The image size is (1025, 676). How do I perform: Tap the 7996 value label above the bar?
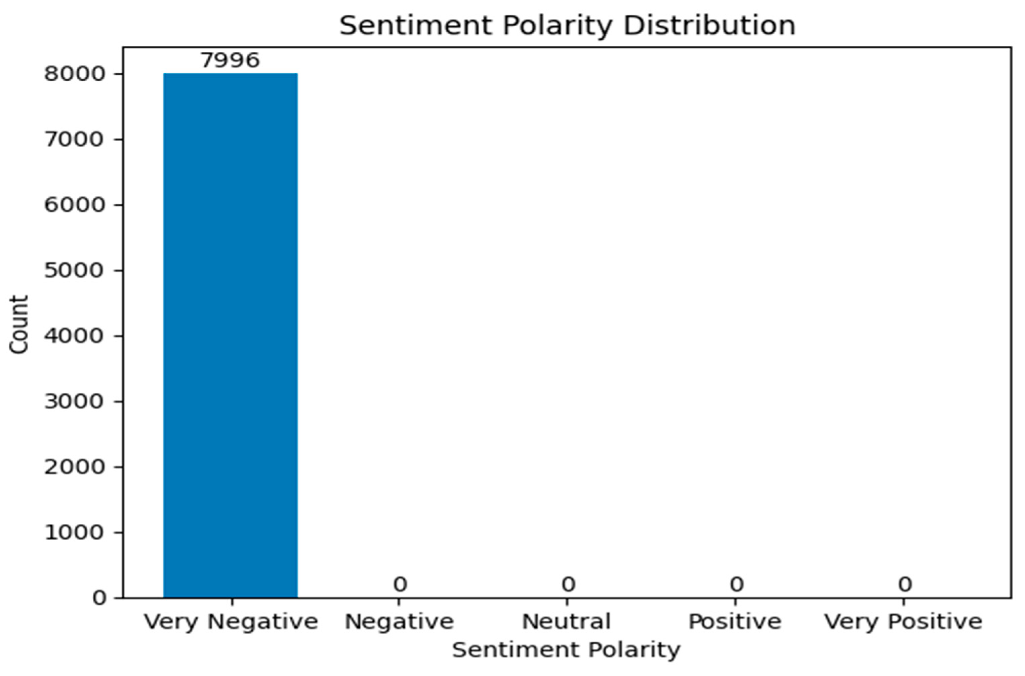tap(230, 61)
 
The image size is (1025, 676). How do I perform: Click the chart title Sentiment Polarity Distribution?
tap(567, 26)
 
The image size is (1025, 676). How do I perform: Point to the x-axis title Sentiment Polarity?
tap(566, 650)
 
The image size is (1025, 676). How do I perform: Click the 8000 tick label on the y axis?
tap(75, 74)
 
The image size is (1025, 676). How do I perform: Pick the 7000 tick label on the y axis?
tap(75, 140)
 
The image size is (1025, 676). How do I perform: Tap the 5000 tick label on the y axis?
tap(75, 271)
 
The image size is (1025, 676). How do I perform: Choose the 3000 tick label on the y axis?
tap(75, 402)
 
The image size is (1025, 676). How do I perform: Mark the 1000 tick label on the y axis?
tap(75, 533)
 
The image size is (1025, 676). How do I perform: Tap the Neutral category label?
tap(566, 622)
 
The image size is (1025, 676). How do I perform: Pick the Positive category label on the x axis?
tap(735, 622)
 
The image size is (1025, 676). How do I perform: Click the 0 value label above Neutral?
tap(568, 585)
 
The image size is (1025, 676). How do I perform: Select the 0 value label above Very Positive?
tap(905, 585)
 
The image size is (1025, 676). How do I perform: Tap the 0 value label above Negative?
tap(400, 585)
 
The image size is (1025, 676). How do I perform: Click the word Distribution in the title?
tap(709, 26)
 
